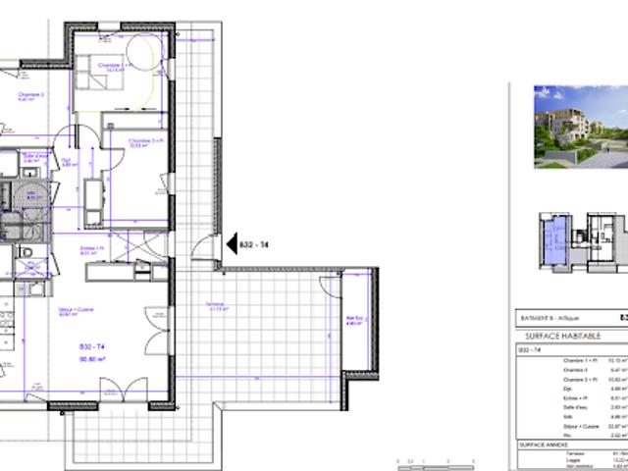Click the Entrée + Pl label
pos(94,249)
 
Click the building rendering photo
pos(580,126)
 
